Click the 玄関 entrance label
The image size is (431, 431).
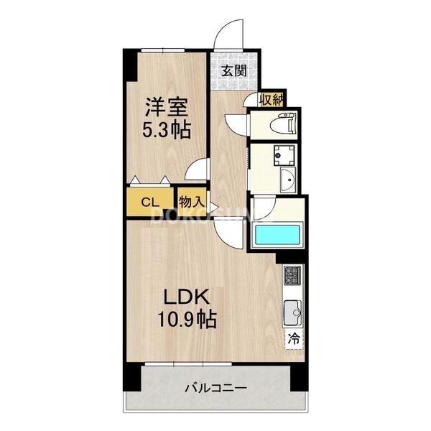(233, 70)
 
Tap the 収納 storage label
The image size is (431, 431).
(272, 100)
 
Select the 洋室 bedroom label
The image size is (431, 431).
(167, 108)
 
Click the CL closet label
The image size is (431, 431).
(150, 201)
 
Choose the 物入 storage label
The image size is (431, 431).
(191, 201)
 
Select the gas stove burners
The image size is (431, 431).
(294, 275)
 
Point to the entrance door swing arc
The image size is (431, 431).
(228, 34)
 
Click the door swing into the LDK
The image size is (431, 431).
(228, 230)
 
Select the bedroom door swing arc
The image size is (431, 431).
(195, 170)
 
